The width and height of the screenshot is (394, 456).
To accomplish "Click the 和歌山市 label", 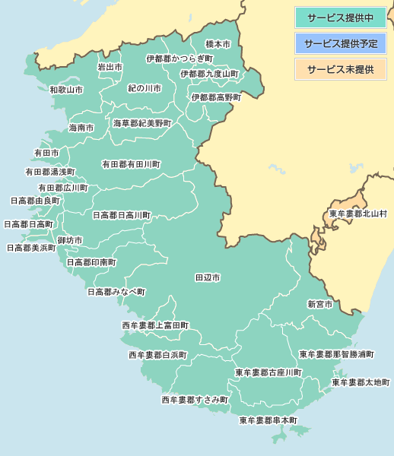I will [66, 90].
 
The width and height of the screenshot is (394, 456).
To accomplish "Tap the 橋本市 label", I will [218, 46].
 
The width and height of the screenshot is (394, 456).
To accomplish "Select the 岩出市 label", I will [110, 68].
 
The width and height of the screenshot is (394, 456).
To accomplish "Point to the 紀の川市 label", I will [144, 89].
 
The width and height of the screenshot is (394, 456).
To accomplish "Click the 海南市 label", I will [81, 128].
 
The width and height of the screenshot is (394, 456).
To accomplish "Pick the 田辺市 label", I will [208, 278].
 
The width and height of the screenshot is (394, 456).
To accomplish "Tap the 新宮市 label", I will [319, 304].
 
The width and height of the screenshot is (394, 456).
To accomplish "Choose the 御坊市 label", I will [70, 240].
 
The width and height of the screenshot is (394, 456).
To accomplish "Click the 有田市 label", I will [46, 154].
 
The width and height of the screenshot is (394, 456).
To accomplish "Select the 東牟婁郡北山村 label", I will [358, 214].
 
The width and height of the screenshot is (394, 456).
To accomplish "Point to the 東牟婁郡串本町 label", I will [268, 420].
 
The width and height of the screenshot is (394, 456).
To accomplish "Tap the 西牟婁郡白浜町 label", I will [157, 355].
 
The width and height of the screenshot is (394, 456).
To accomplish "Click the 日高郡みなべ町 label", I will [116, 292].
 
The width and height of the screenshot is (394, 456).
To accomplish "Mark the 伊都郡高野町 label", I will [216, 98].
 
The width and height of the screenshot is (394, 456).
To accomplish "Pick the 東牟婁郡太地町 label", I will [361, 382].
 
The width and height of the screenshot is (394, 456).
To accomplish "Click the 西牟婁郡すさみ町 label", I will [194, 400].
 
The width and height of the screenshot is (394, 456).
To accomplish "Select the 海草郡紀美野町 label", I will [142, 122].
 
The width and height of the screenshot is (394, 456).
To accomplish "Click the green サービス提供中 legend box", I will [341, 17].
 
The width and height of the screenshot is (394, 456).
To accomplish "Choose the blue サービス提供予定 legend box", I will [341, 43].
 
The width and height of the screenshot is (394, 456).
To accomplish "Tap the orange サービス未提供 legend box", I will [341, 69].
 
